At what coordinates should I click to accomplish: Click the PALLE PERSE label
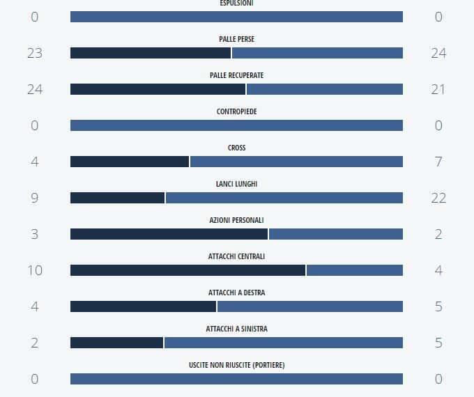(236, 39)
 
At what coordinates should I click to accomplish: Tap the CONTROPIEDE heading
(236, 111)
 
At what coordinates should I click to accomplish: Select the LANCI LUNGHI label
(236, 184)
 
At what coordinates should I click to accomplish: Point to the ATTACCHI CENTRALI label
(236, 256)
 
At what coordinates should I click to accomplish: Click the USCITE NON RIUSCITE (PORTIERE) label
(236, 365)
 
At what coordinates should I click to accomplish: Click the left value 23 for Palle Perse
(35, 53)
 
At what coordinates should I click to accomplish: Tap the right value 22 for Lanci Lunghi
(438, 198)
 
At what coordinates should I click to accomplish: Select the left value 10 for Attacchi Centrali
(35, 270)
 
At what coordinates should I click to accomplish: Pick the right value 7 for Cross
(438, 162)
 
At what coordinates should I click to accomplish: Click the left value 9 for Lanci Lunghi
(35, 198)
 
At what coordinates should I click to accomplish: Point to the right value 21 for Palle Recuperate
(438, 89)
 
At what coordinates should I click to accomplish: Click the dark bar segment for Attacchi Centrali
(188, 270)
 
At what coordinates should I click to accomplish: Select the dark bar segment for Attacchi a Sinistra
(116, 343)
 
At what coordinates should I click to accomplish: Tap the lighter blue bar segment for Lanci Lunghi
(284, 198)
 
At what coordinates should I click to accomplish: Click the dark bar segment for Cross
(130, 162)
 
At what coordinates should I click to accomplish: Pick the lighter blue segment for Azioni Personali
(336, 234)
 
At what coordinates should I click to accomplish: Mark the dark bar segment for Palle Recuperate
(158, 89)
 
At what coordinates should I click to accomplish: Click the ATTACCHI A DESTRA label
(236, 293)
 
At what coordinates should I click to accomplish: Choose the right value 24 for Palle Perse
(438, 53)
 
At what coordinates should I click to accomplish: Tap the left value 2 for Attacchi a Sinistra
(35, 343)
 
